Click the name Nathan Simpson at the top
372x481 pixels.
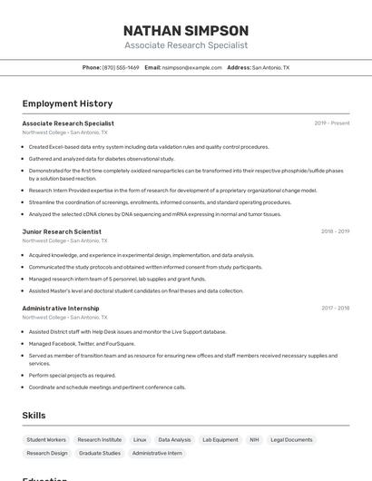[185, 30]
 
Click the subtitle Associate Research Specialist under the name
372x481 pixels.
[185, 45]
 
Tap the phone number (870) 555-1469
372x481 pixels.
[121, 68]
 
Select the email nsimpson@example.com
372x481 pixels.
[192, 68]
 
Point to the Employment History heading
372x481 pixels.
[67, 103]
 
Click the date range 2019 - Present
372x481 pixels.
[332, 123]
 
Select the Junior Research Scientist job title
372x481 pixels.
[62, 231]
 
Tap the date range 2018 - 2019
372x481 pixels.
[335, 231]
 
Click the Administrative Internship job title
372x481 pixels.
[61, 308]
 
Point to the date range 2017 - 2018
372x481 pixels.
[335, 308]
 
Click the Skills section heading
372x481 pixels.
[34, 416]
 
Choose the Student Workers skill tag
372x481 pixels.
[46, 440]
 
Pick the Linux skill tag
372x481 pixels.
[140, 440]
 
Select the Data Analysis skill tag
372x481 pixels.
[174, 440]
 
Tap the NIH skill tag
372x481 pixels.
[254, 440]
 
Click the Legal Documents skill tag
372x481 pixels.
[291, 440]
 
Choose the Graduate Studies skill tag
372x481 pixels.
[100, 453]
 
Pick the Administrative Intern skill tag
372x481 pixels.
[157, 453]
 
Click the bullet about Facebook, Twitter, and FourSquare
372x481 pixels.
[82, 344]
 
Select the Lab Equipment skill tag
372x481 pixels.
[220, 440]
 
